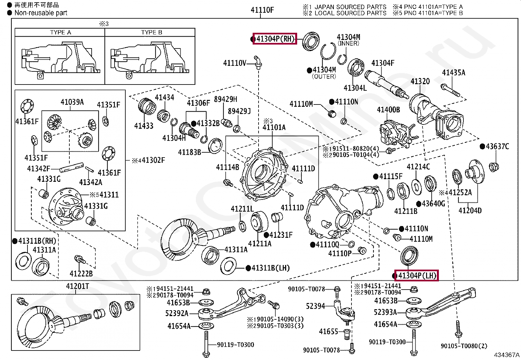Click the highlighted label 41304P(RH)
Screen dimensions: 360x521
coord(275,39)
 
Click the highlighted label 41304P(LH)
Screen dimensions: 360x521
coord(417,275)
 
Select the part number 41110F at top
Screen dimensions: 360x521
coord(262,10)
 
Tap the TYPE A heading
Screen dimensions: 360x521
coord(61,32)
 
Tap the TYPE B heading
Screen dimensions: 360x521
coord(152,32)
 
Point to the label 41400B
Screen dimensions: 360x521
coord(388,110)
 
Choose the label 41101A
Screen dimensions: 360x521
coord(274,127)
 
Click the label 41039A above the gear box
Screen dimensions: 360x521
coord(72,102)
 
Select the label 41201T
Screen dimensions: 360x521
coord(78,286)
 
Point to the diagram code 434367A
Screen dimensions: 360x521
coord(506,355)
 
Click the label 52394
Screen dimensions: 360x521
coord(315,306)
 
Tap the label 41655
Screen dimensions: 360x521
coord(328,332)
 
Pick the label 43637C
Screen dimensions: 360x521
coord(497,146)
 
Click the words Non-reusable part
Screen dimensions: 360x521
coord(41,13)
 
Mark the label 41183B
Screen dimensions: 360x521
coord(189,152)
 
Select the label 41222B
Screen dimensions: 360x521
coord(81,273)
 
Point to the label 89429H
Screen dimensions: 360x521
coord(225,99)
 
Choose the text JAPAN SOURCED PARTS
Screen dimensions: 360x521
coord(350,7)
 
